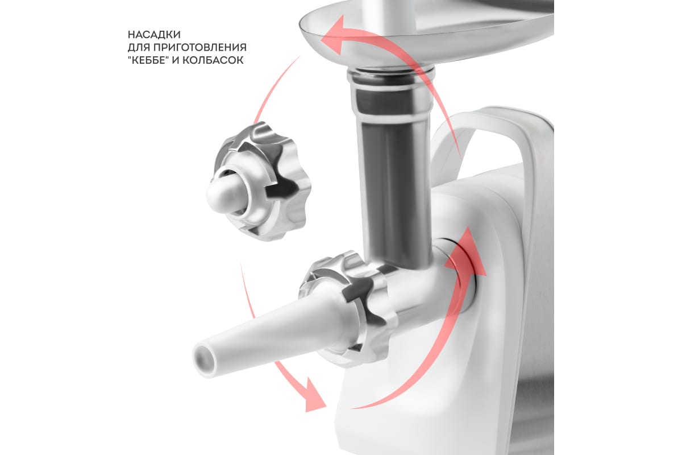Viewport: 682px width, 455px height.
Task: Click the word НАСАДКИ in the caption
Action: (x=154, y=35)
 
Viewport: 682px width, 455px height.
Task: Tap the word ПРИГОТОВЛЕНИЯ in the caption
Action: (x=199, y=47)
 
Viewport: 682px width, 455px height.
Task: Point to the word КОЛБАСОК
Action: (x=213, y=60)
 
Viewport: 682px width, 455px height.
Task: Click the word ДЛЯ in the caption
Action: (x=139, y=48)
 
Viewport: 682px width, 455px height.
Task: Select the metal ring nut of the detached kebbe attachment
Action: (x=263, y=181)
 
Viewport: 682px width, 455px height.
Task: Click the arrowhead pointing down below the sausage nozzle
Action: (x=314, y=396)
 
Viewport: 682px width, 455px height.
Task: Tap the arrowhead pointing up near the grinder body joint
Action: (x=466, y=253)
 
